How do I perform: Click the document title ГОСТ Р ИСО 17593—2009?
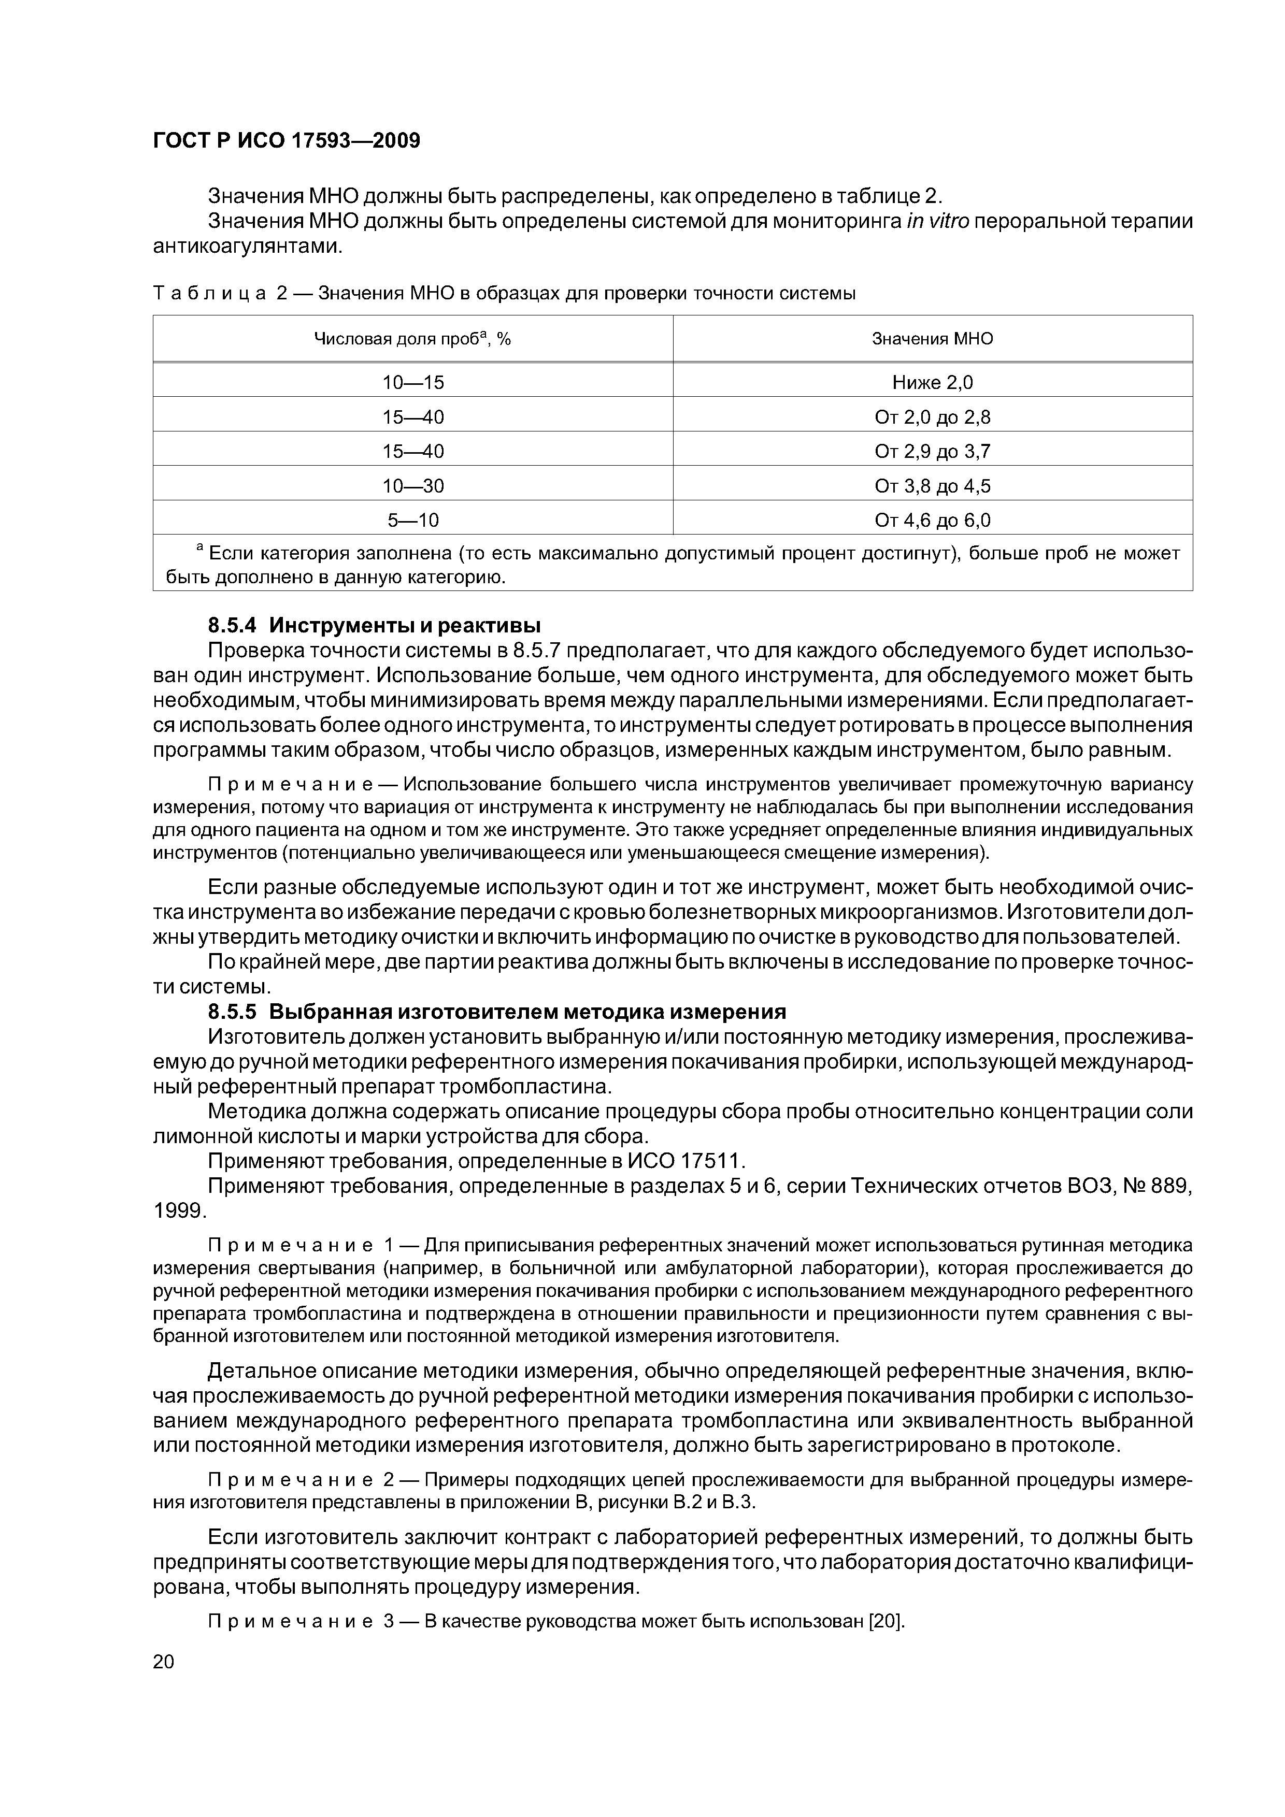pos(286,141)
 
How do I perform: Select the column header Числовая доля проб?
pos(412,339)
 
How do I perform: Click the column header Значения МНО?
pos(932,339)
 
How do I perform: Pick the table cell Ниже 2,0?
pos(932,383)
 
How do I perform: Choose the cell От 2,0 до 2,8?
pos(932,417)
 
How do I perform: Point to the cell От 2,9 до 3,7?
pos(932,452)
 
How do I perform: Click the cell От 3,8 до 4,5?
pos(932,486)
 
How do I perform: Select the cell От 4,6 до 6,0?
pos(932,521)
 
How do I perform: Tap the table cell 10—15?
pos(412,383)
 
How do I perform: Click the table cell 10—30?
pos(412,486)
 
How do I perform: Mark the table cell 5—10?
pos(412,521)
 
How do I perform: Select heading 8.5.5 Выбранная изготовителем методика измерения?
pos(496,1012)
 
